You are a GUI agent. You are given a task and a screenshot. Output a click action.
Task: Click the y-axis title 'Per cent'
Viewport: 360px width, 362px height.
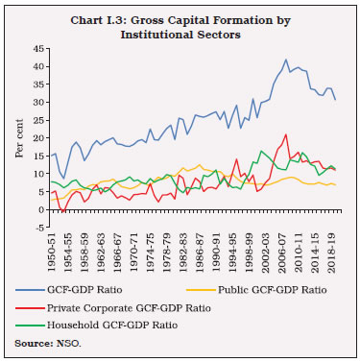click(x=12, y=136)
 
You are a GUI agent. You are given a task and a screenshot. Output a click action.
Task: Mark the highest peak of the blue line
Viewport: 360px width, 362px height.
click(x=285, y=59)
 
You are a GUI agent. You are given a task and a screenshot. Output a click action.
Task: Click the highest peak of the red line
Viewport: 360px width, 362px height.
click(x=285, y=134)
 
